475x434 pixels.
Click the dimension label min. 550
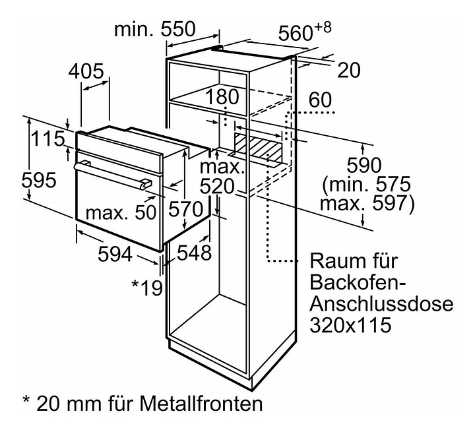155,29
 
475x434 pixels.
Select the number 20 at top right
349,70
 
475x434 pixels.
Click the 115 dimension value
49,139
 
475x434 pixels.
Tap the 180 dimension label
221,97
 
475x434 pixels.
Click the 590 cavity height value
364,165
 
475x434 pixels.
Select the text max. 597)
366,204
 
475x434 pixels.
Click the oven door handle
112,175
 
